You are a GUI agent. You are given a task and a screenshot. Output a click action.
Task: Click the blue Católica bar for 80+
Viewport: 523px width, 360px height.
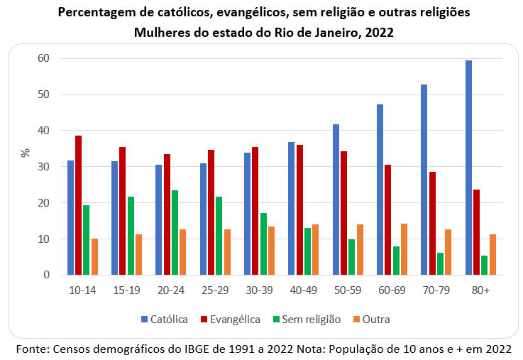[469, 168]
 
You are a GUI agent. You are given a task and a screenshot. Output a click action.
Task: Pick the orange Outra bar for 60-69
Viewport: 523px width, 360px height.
[404, 249]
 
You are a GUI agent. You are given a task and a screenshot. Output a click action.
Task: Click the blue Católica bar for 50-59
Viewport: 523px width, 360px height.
[336, 200]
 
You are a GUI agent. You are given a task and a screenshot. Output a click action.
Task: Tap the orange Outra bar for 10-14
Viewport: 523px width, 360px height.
[94, 256]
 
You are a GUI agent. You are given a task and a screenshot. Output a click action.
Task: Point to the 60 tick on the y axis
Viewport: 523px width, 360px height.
[44, 58]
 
